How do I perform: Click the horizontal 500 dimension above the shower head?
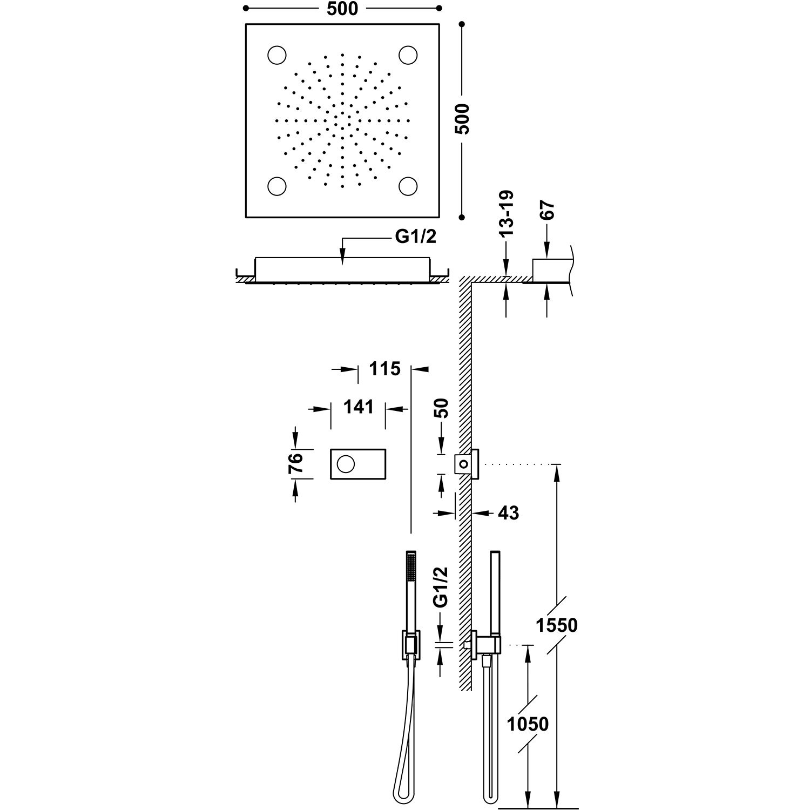point(342,9)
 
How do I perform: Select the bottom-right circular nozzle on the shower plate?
point(408,185)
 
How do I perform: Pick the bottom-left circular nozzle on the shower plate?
point(277,185)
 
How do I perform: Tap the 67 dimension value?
point(546,210)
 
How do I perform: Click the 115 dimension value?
point(384,369)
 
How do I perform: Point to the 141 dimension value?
point(358,407)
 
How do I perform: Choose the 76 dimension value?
point(295,464)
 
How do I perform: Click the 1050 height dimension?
point(528,724)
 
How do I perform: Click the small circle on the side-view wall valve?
point(462,463)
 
